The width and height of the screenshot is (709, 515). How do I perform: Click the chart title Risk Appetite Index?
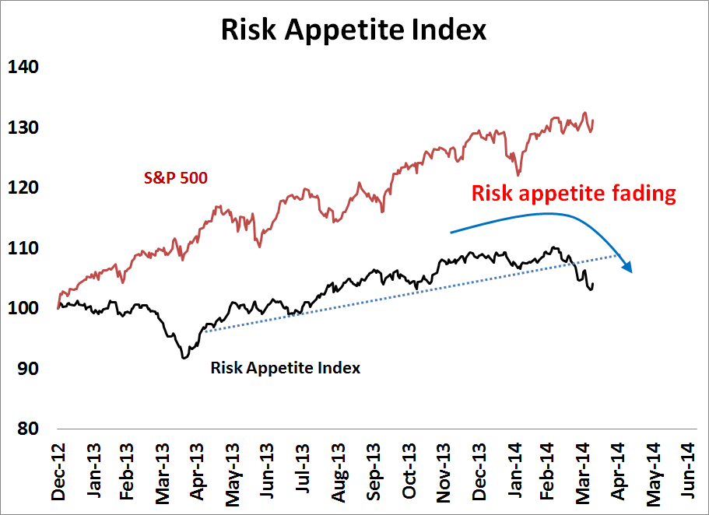[x=353, y=30]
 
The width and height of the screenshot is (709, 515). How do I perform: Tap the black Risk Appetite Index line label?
[x=286, y=368]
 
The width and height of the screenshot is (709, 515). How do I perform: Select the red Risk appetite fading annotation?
[x=571, y=194]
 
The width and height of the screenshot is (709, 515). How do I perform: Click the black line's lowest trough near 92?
[x=184, y=357]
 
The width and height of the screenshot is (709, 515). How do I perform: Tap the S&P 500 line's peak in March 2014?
[x=584, y=113]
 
